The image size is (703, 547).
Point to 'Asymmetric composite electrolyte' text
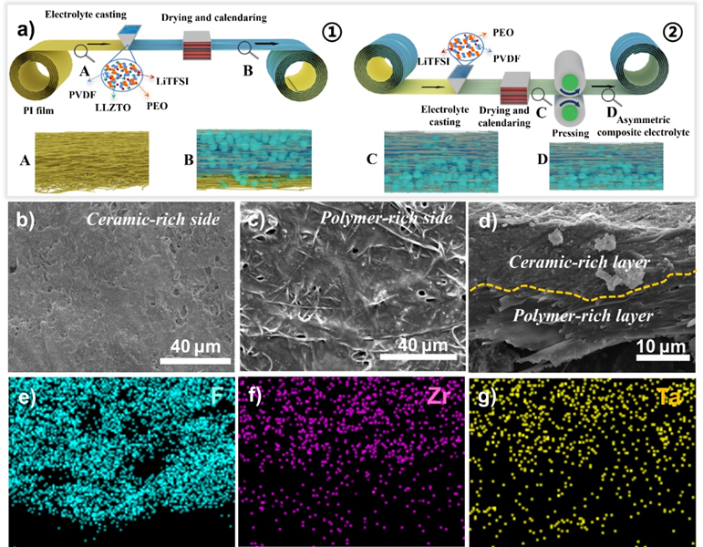[x=644, y=123]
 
